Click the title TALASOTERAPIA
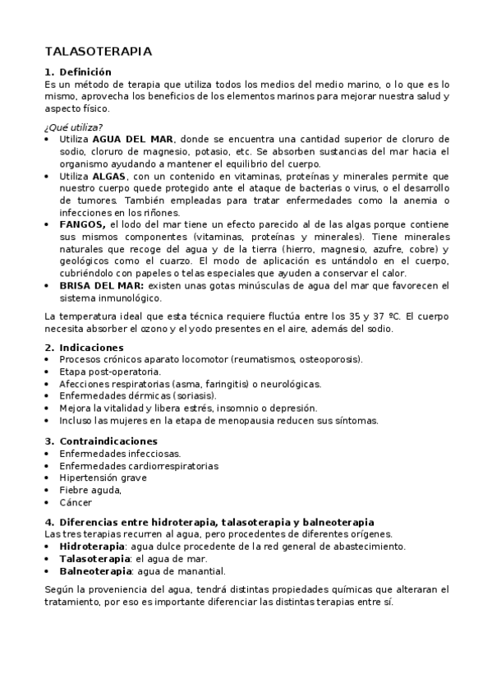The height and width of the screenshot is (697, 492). click(98, 52)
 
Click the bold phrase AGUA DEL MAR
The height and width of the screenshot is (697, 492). click(140, 139)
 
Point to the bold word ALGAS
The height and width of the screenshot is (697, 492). click(110, 176)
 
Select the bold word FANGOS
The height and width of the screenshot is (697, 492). click(83, 224)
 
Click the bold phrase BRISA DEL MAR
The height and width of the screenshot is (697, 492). click(102, 285)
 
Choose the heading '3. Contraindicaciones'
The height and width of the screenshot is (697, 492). click(100, 441)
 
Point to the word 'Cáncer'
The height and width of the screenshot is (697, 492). click(76, 502)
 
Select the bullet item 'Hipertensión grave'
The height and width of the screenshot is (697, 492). click(103, 478)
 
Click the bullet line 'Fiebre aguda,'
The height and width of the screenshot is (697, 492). click(90, 490)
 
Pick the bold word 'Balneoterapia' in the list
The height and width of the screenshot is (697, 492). click(95, 570)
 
